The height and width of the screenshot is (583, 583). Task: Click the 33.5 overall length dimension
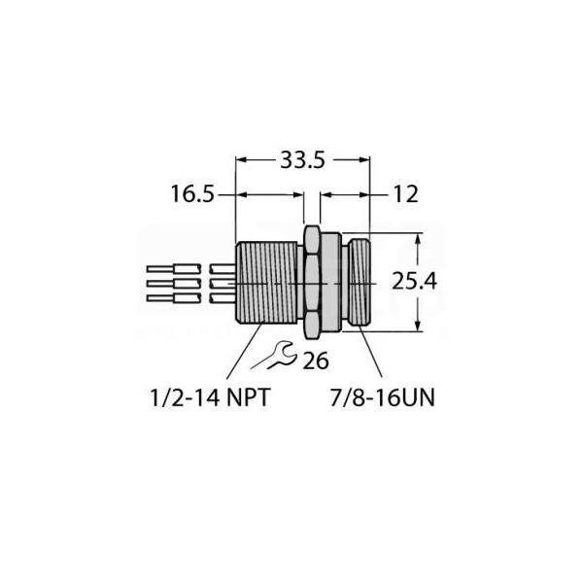coord(302,162)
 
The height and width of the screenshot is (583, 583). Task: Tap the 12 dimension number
coord(405,194)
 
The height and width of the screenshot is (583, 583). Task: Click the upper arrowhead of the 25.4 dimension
coord(418,240)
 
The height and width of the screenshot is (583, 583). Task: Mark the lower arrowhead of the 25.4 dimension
coord(418,325)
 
